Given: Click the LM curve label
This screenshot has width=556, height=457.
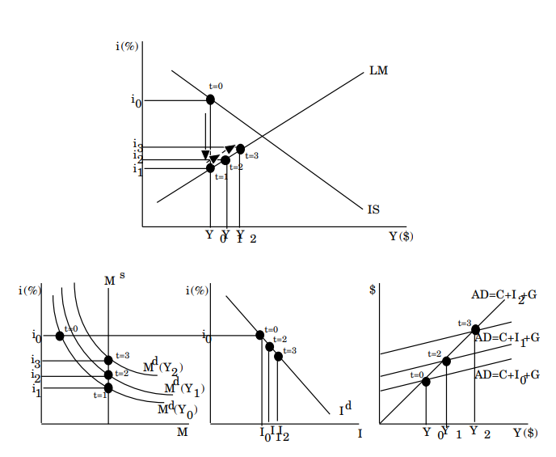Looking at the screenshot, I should pos(378,70).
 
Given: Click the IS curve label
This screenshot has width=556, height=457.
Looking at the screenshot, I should pos(373,209).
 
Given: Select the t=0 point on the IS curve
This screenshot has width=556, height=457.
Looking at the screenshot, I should pos(211,99).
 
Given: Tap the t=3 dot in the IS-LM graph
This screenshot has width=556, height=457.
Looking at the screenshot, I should pos(240,148).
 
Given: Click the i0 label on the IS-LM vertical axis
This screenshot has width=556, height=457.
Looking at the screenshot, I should pos(136,101).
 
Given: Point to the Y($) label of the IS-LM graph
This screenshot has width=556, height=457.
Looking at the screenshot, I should pos(401,236).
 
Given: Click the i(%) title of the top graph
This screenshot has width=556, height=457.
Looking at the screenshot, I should pos(127,46).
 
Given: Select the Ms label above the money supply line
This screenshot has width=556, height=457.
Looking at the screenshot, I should pos(113,279).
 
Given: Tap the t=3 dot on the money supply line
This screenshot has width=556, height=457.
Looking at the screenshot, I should pos(108,360).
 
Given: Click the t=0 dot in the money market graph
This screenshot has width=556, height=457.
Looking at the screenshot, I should pos(60,336).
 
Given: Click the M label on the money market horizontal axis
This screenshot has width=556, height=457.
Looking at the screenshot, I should pos(182,433).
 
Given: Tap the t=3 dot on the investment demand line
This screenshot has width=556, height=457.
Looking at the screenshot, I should pos(278,356).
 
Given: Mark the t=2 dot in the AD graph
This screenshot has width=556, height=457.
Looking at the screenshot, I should pos(446,361).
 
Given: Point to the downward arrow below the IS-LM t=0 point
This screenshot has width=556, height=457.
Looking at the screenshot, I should pos(205,133).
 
